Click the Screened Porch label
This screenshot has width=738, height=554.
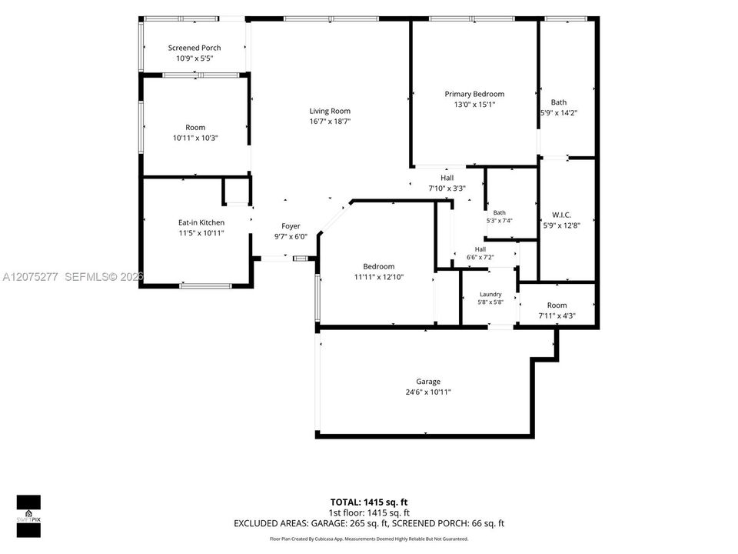pyautogui.click(x=194, y=48)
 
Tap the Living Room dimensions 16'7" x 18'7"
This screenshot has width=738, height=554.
pyautogui.click(x=330, y=122)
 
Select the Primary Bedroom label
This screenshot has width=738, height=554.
pyautogui.click(x=474, y=94)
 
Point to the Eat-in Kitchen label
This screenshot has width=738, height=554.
pyautogui.click(x=201, y=222)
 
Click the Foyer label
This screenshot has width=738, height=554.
pyautogui.click(x=291, y=226)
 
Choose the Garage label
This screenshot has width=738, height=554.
pyautogui.click(x=428, y=382)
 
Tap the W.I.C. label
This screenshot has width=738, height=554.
pyautogui.click(x=561, y=215)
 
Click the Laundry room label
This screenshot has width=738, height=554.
pyautogui.click(x=490, y=295)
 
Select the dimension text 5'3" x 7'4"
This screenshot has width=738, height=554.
pyautogui.click(x=500, y=221)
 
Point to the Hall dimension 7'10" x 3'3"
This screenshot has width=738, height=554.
pyautogui.click(x=447, y=189)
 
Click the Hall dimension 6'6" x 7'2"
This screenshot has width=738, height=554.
pyautogui.click(x=480, y=257)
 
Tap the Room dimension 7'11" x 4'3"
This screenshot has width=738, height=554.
pyautogui.click(x=557, y=316)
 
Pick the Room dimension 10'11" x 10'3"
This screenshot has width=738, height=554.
pyautogui.click(x=195, y=138)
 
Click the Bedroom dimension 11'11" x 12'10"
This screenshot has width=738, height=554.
pyautogui.click(x=379, y=277)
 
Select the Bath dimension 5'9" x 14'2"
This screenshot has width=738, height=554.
pyautogui.click(x=559, y=113)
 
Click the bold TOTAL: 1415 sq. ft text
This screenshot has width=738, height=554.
pyautogui.click(x=369, y=502)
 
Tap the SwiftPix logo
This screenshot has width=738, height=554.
pyautogui.click(x=28, y=516)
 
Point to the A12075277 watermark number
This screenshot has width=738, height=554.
pyautogui.click(x=30, y=277)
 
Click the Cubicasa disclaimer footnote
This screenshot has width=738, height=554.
pyautogui.click(x=369, y=539)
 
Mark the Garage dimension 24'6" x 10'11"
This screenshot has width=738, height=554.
pyautogui.click(x=428, y=392)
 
